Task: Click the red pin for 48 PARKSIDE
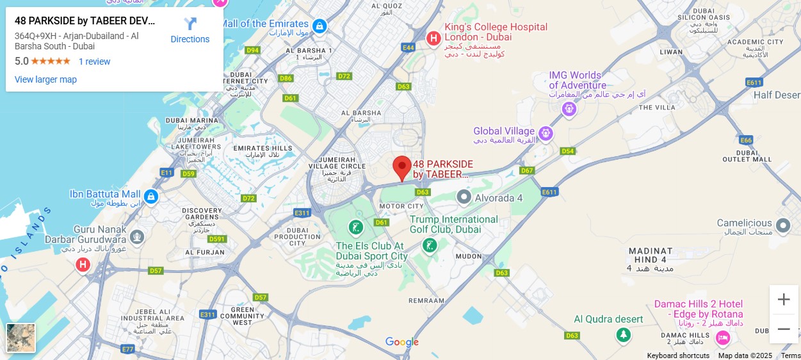[x=401, y=167]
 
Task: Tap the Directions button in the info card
[x=190, y=31]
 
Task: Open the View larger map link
[x=45, y=79]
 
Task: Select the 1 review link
[x=94, y=61]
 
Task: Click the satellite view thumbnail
[x=20, y=338]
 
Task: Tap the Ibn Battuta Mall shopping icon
[x=151, y=195]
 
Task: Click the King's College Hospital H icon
[x=433, y=38]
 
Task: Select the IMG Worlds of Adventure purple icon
[x=569, y=110]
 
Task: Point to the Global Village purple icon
[x=546, y=133]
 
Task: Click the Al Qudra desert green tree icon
[x=622, y=335]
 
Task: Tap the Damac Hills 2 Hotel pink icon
[x=723, y=337]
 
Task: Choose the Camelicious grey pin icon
[x=782, y=225]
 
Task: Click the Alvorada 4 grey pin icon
[x=464, y=198]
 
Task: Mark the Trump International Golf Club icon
[x=430, y=245]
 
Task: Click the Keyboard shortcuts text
[x=677, y=356]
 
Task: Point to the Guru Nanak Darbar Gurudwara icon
[x=136, y=236]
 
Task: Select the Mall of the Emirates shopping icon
[x=320, y=26]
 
